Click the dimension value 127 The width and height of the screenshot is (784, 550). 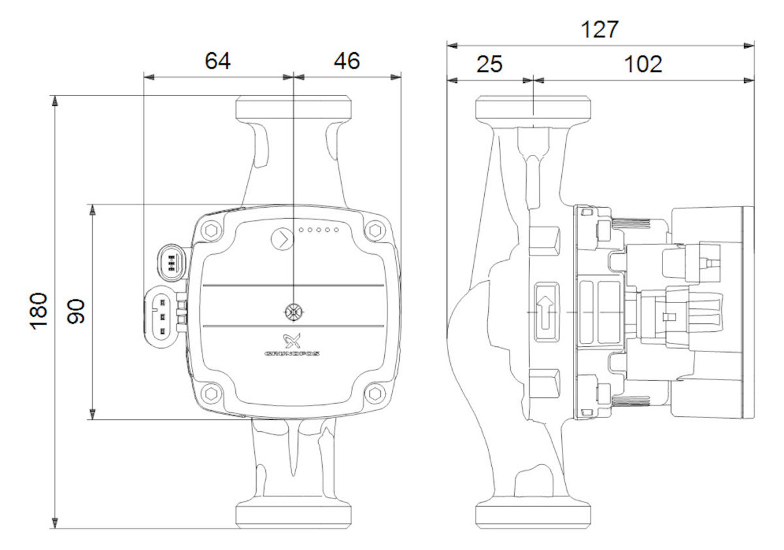point(600,29)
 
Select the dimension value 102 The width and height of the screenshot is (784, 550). point(643,65)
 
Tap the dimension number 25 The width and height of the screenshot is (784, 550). point(489,65)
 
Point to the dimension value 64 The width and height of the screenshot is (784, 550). point(218,61)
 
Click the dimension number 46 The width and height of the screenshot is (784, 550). point(346,61)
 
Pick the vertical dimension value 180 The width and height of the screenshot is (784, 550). point(39,311)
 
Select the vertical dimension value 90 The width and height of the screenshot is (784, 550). point(76,311)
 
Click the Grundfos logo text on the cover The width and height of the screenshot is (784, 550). point(292,354)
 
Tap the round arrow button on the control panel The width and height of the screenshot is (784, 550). point(282,239)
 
